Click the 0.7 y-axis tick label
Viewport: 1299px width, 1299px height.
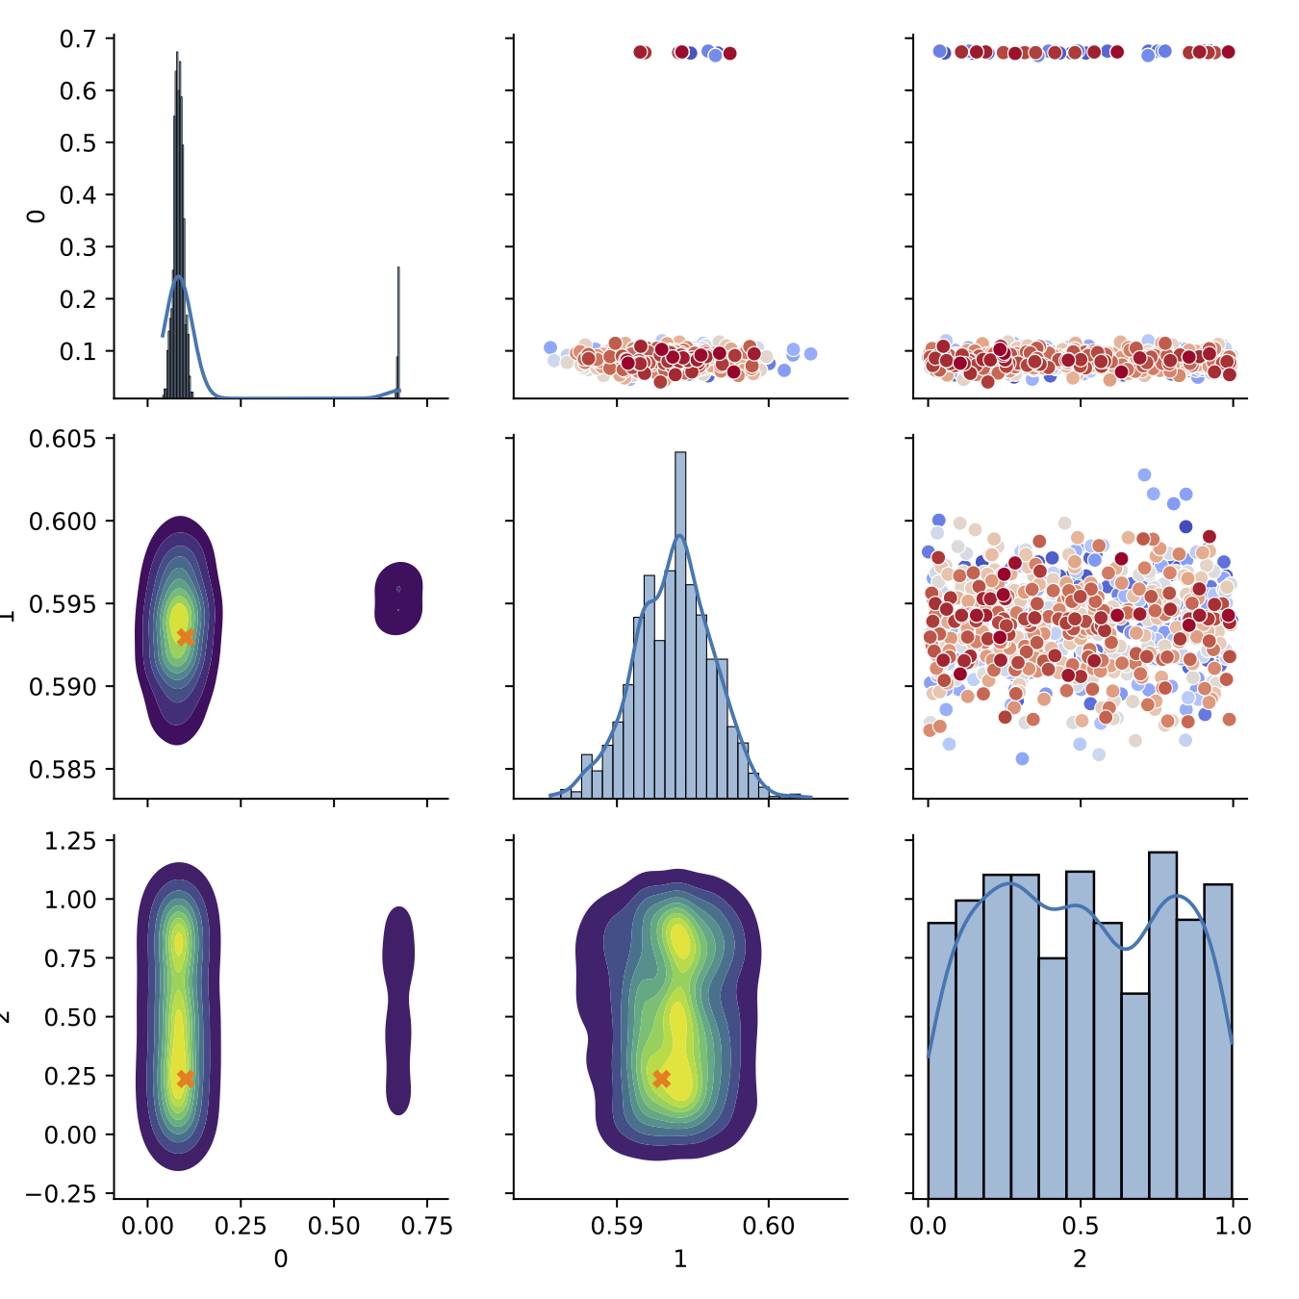[x=77, y=39]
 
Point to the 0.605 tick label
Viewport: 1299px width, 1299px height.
[x=63, y=440]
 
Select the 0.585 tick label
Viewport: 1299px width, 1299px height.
[x=63, y=770]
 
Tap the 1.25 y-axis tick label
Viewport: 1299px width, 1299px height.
[x=70, y=841]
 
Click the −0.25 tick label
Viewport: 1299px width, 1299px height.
[x=63, y=1194]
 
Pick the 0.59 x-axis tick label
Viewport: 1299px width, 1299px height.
[x=617, y=1226]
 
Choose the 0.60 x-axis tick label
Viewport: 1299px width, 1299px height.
[x=769, y=1226]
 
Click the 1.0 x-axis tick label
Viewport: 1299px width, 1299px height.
[x=1233, y=1226]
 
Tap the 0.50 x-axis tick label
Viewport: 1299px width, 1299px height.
[x=334, y=1226]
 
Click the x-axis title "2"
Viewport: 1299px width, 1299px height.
[x=1080, y=1259]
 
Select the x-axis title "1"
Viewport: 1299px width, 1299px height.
[x=680, y=1259]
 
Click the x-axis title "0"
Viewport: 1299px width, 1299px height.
[x=281, y=1259]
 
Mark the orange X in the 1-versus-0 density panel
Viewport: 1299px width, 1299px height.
[x=186, y=637]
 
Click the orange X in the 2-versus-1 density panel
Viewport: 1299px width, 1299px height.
[x=661, y=1079]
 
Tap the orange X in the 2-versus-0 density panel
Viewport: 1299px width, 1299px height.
[x=186, y=1079]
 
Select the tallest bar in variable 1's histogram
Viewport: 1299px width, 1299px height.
[x=680, y=625]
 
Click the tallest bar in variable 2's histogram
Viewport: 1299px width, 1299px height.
[x=1162, y=1024]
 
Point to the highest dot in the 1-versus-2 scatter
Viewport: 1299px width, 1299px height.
[x=1144, y=474]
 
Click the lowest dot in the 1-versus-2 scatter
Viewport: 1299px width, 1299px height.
[x=1022, y=758]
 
